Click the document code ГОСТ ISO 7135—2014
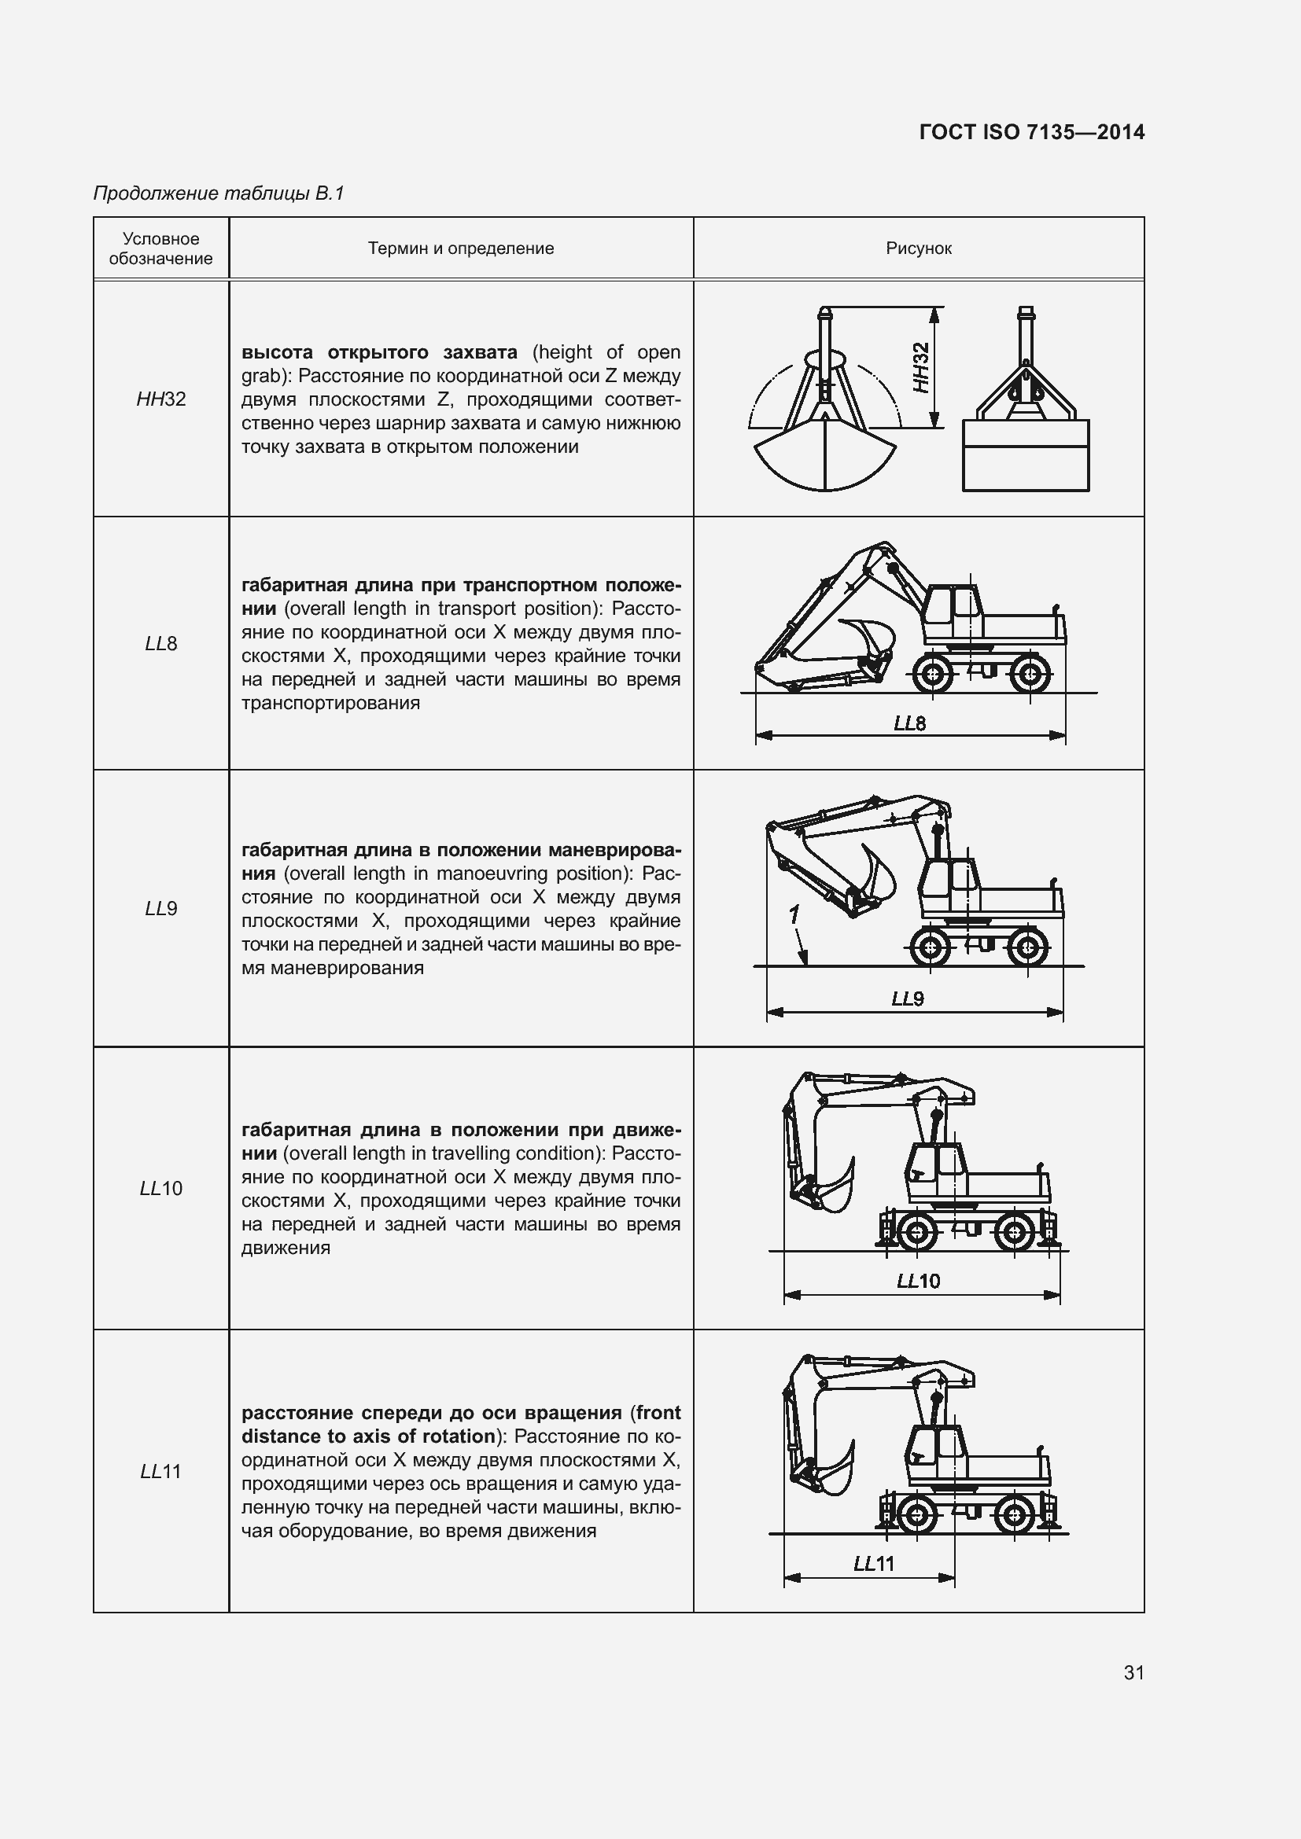(x=1032, y=132)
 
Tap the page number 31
(x=1133, y=1672)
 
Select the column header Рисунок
(x=918, y=248)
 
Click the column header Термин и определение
(x=461, y=248)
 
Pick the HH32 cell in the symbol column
(x=161, y=399)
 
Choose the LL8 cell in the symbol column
(x=161, y=643)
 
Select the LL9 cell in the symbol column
(x=161, y=908)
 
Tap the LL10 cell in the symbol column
(x=161, y=1188)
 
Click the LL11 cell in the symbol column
(x=161, y=1470)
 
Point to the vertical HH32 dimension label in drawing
(x=921, y=368)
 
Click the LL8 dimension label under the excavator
(x=910, y=724)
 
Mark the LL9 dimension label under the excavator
(x=908, y=999)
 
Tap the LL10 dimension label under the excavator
(x=918, y=1281)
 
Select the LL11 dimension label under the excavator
(x=874, y=1564)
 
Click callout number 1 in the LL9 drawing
(x=794, y=914)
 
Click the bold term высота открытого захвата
(x=379, y=352)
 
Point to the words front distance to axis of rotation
(x=461, y=1424)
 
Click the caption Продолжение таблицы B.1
(x=219, y=193)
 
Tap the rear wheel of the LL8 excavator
(x=1030, y=675)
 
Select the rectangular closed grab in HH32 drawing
(x=1026, y=454)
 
